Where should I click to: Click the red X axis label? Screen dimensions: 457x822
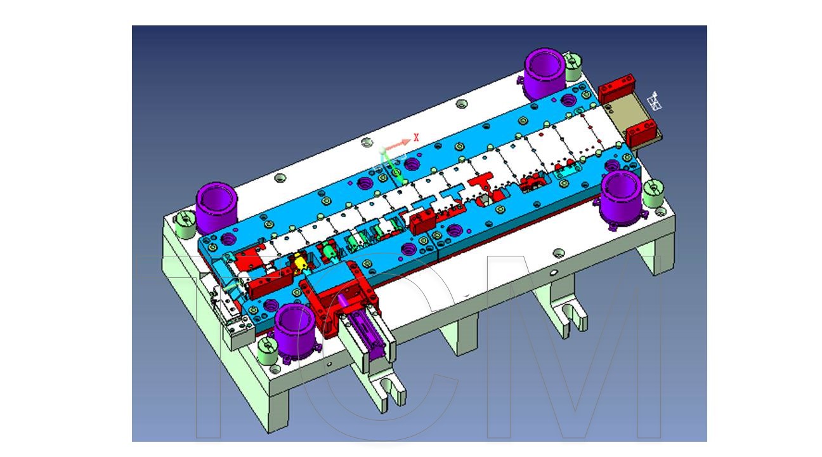416,137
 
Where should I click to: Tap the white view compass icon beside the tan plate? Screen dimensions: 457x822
655,102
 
